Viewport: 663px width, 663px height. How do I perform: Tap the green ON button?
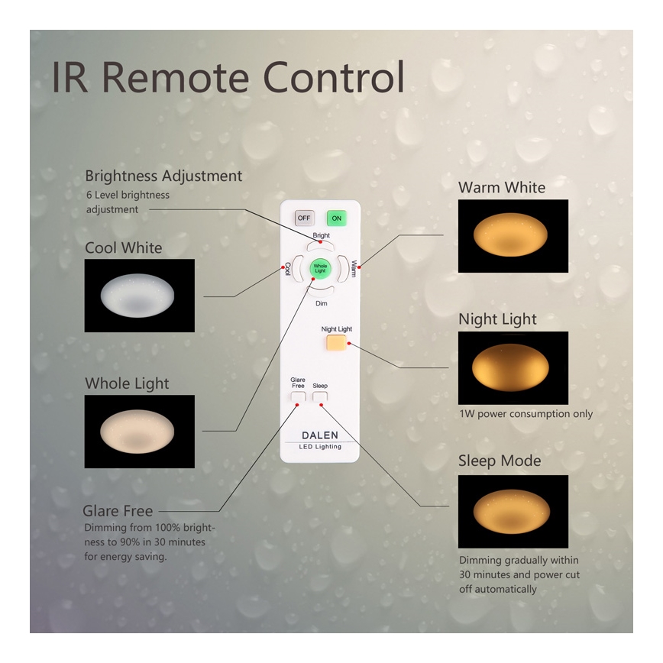tap(336, 218)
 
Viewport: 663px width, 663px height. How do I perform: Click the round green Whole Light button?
tap(320, 268)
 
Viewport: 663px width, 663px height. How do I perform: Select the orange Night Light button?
tap(336, 343)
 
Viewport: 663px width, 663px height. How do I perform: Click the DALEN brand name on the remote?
tap(320, 435)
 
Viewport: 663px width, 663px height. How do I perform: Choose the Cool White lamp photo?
tap(139, 296)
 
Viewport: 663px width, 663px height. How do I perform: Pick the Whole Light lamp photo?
tap(139, 432)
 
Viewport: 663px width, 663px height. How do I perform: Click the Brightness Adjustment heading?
tap(163, 176)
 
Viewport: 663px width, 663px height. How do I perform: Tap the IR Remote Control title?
tap(228, 78)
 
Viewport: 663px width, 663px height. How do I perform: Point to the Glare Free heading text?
tap(118, 511)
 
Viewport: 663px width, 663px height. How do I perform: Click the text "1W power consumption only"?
tap(526, 414)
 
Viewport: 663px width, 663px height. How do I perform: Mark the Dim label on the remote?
tap(322, 303)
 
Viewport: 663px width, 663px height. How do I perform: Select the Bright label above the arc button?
tap(322, 236)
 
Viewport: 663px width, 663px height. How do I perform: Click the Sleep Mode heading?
tap(500, 461)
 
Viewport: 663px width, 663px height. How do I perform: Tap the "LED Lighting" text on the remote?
tap(320, 447)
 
